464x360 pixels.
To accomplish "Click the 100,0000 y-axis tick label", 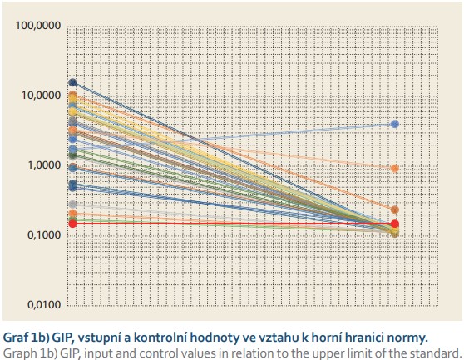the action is [38, 26].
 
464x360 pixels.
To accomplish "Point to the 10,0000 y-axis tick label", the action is [41, 96].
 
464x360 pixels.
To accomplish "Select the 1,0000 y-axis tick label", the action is [44, 165].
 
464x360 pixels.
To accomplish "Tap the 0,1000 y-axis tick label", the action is [44, 235].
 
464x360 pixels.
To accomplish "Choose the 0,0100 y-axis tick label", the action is [44, 304].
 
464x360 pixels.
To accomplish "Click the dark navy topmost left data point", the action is [72, 82].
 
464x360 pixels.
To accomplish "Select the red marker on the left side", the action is [72, 224].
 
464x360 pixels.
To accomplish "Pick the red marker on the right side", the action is [394, 224].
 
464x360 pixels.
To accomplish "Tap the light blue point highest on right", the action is [394, 124].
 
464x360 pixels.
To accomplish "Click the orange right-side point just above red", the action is [394, 210].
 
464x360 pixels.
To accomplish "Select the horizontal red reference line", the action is [234, 224].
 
